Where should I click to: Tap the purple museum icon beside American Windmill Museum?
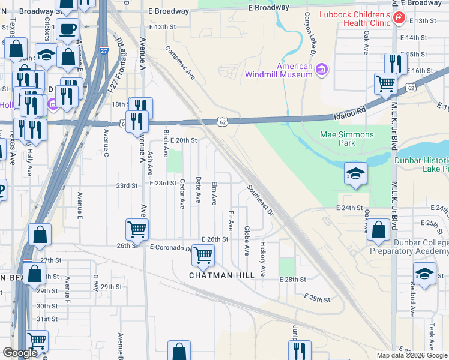322,70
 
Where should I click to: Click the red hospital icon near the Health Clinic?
398,20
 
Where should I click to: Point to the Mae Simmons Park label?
346,139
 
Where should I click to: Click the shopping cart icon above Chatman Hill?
203,255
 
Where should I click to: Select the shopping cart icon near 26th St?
137,229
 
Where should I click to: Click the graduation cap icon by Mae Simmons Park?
355,174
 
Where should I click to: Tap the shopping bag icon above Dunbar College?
379,229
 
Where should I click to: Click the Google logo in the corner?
20,353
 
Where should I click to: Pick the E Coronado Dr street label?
172,247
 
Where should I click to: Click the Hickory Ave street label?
263,259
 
